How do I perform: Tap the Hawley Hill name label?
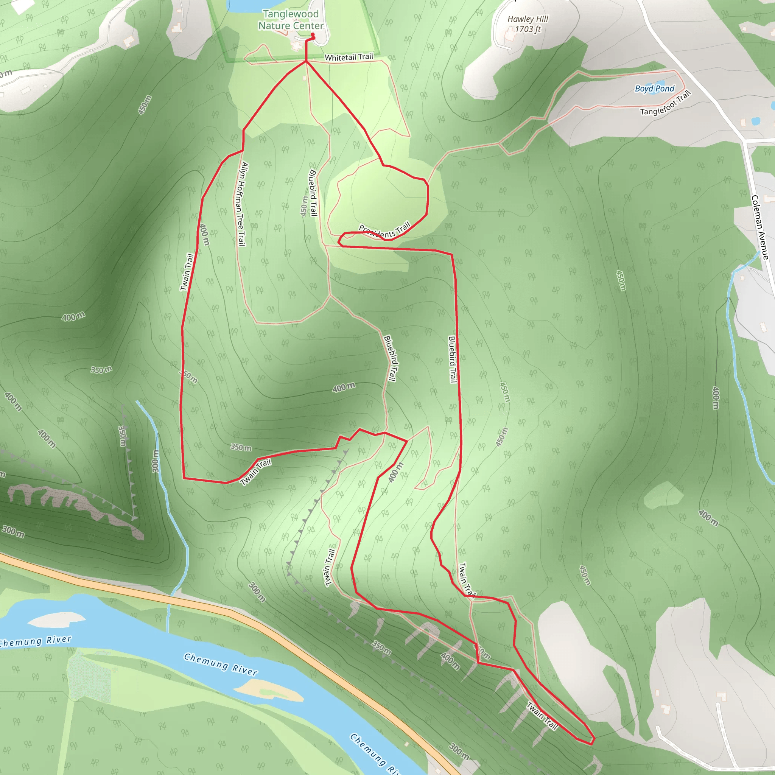tap(528, 19)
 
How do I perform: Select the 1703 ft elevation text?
tap(528, 29)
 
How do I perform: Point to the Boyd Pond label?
tap(654, 88)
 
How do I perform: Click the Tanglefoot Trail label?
tap(666, 103)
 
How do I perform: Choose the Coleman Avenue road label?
tap(760, 227)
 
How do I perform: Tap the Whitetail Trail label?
tap(349, 57)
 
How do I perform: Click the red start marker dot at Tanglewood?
tap(313, 35)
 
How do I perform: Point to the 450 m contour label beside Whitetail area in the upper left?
tap(145, 105)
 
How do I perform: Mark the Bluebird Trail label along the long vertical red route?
tap(452, 359)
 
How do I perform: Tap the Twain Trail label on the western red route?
tap(187, 272)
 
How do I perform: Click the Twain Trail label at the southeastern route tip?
tap(542, 716)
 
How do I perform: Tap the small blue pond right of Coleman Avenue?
tap(755, 120)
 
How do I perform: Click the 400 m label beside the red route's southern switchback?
tap(395, 472)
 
